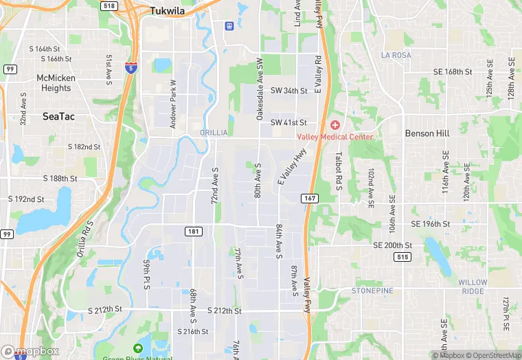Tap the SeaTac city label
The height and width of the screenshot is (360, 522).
[58, 117]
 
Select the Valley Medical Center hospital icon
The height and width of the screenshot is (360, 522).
[335, 124]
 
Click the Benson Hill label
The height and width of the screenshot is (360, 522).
[427, 133]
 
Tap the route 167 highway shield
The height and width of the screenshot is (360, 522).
[308, 198]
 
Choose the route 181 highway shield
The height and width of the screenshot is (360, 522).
[194, 232]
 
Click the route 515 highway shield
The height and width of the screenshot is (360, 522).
[402, 256]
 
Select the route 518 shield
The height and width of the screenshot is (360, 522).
[109, 5]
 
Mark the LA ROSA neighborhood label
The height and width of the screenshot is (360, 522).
[396, 54]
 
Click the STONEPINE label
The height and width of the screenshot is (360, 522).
[372, 291]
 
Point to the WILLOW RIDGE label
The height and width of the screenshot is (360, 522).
[473, 286]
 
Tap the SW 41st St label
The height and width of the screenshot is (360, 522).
[288, 122]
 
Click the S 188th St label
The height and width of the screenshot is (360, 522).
[60, 179]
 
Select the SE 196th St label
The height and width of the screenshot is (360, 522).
[431, 224]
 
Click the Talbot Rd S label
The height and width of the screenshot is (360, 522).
[339, 168]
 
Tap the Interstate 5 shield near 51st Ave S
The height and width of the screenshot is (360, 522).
[130, 67]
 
